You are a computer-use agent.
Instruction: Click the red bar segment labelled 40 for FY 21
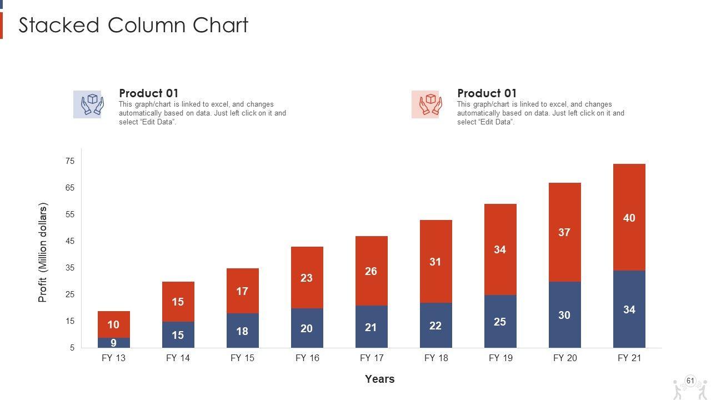[x=629, y=217]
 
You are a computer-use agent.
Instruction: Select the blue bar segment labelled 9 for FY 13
[x=113, y=343]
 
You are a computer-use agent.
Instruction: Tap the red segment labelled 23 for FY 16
[x=307, y=277]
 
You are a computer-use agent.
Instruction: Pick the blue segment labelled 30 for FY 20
[x=564, y=314]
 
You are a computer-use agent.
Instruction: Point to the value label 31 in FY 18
[x=435, y=262]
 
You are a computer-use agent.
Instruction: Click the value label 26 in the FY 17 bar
[x=371, y=271]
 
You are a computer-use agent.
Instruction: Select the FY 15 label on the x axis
[x=242, y=358]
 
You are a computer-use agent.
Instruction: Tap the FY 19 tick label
[x=500, y=358]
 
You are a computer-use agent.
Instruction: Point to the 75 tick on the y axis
[x=70, y=161]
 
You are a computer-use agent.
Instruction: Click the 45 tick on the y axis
[x=70, y=241]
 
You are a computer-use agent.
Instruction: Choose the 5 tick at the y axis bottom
[x=72, y=348]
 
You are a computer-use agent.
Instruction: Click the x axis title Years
[x=379, y=379]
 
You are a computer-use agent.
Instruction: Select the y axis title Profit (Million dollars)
[x=43, y=252]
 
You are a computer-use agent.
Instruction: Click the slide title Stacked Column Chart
[x=133, y=26]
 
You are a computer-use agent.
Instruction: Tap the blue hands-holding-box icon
[x=87, y=104]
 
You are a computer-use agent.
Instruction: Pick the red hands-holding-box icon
[x=425, y=104]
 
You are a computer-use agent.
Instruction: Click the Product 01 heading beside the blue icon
[x=148, y=93]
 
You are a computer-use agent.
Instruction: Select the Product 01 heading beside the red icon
[x=487, y=93]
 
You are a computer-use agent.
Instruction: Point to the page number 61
[x=690, y=381]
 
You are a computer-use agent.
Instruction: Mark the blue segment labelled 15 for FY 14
[x=178, y=335]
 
